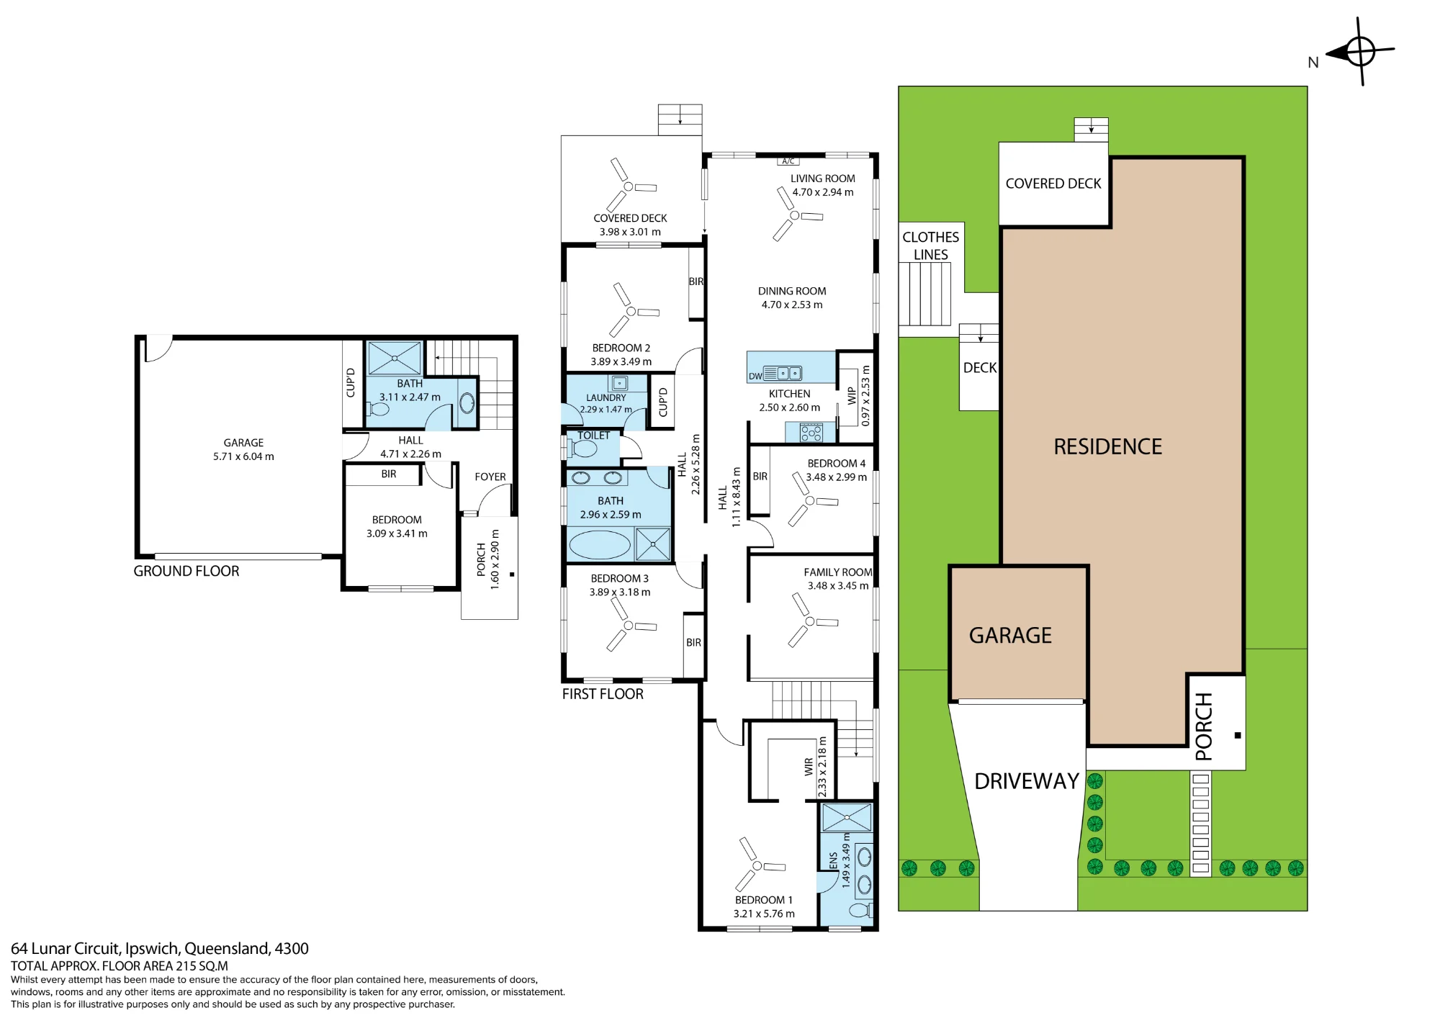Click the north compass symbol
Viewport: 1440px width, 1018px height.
coord(1360,52)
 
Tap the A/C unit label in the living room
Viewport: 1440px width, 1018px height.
coord(788,161)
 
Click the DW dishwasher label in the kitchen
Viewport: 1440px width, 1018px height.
coord(755,376)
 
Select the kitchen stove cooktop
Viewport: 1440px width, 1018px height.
coord(811,432)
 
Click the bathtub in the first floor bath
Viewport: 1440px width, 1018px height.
coord(600,545)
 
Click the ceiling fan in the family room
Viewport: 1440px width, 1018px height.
coord(809,621)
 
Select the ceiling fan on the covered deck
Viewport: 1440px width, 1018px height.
coord(629,186)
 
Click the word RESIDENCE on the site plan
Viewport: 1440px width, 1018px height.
coord(1107,446)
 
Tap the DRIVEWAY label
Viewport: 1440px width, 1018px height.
coord(1027,781)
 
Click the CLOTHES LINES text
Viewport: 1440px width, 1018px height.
coord(930,246)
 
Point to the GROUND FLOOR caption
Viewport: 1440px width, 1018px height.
coord(186,571)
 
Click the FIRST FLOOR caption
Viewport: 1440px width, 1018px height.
coord(603,694)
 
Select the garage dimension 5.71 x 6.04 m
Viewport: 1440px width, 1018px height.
coord(243,456)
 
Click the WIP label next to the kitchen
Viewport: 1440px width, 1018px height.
coord(852,395)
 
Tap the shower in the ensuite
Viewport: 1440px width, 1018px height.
coord(847,818)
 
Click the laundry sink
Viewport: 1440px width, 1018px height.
coord(619,384)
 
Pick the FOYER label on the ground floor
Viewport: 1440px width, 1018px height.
coord(490,477)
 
